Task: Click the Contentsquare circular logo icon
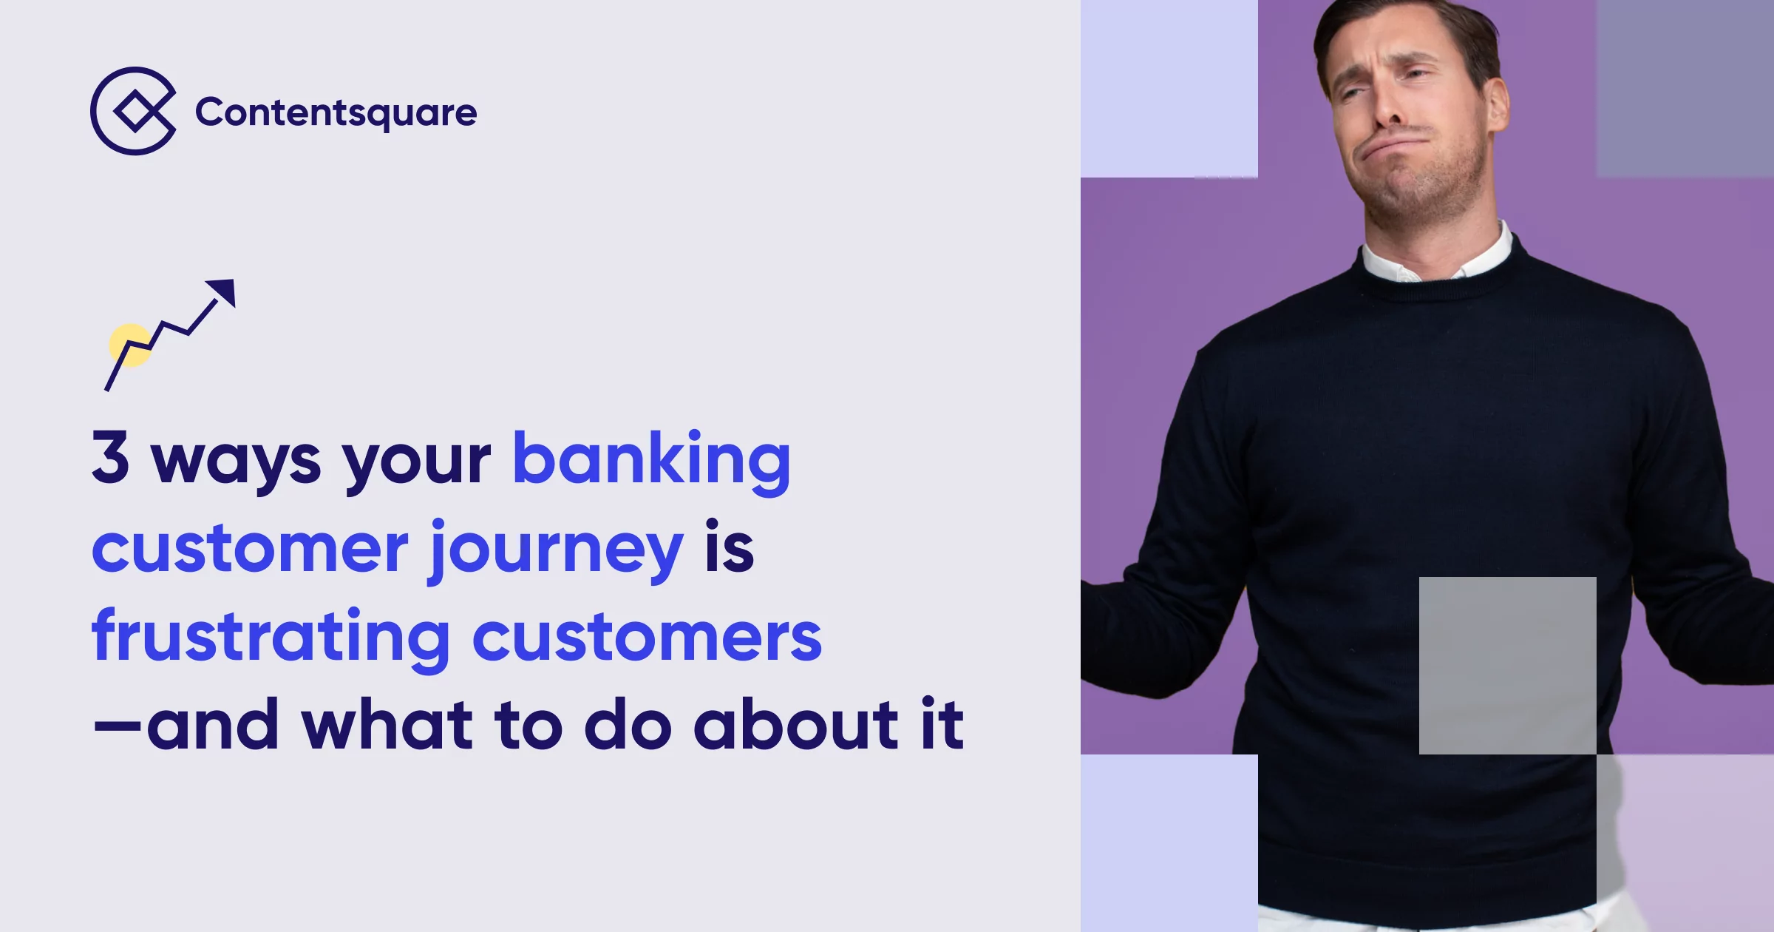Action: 134,111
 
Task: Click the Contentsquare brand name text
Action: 336,113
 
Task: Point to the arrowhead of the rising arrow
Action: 222,291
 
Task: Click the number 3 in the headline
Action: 111,457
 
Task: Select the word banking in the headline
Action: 651,460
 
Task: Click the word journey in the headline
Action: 557,550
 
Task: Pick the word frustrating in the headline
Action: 271,637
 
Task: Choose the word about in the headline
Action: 795,724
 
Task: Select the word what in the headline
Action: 387,724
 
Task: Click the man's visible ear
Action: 1496,104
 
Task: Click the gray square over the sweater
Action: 1507,665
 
